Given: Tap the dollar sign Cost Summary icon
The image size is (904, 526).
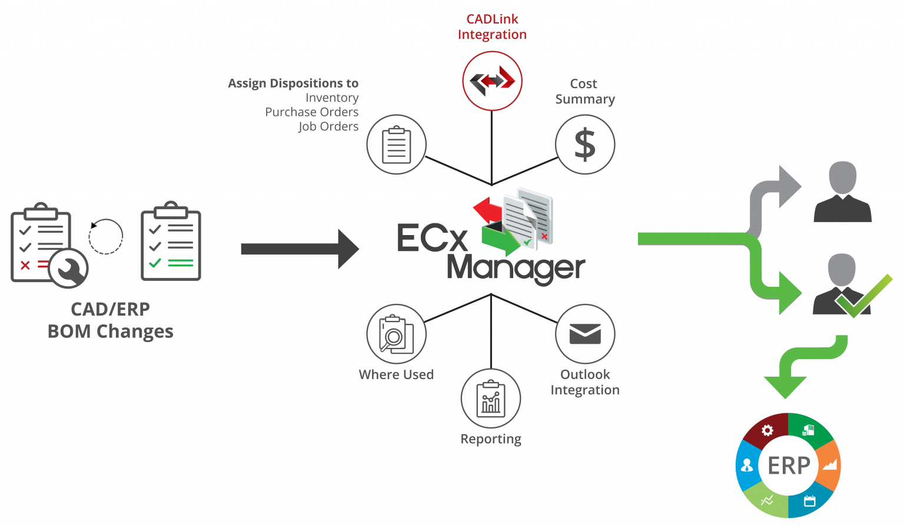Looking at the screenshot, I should coord(584,145).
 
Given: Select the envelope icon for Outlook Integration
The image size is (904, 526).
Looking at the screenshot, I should coord(584,334).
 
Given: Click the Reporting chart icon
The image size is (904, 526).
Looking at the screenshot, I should coord(491,398).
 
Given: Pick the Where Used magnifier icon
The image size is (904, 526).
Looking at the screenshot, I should coord(396,334).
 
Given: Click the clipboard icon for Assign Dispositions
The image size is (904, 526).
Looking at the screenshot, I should coord(397,145).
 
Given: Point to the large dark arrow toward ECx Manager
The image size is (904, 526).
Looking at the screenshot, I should coord(300,249).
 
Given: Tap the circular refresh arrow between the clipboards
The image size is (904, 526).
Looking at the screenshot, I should coord(105,237).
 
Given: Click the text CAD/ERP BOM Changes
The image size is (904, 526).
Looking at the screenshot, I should coord(111,320).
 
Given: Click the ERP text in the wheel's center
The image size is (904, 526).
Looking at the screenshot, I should coord(789,465).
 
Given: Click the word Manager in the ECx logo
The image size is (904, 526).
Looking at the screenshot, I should coord(516,269).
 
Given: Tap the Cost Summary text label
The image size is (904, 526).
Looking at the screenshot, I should coord(584,92).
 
